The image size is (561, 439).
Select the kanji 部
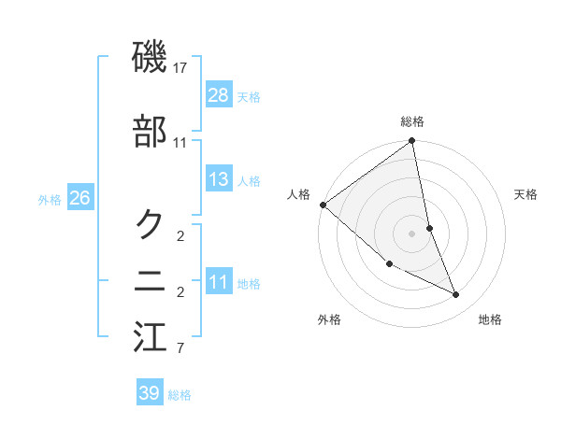click(151, 132)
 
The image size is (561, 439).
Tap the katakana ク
click(151, 223)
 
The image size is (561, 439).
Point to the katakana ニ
click(151, 280)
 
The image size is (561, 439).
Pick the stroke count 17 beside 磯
click(180, 68)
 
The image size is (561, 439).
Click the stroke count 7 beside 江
click(180, 349)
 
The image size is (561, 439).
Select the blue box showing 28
click(219, 94)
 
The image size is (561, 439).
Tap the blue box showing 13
click(219, 179)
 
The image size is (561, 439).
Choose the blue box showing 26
click(79, 198)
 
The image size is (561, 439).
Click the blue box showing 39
click(150, 393)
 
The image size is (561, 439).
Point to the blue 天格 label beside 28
click(249, 96)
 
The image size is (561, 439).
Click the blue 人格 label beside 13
click(249, 181)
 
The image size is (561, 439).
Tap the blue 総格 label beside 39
click(180, 395)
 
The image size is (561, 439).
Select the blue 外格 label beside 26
click(50, 200)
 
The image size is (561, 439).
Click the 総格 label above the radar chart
click(412, 121)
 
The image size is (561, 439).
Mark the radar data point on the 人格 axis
click(323, 205)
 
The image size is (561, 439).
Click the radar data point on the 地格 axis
click(456, 294)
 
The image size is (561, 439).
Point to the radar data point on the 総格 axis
click(412, 142)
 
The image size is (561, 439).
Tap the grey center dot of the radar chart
click(412, 234)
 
